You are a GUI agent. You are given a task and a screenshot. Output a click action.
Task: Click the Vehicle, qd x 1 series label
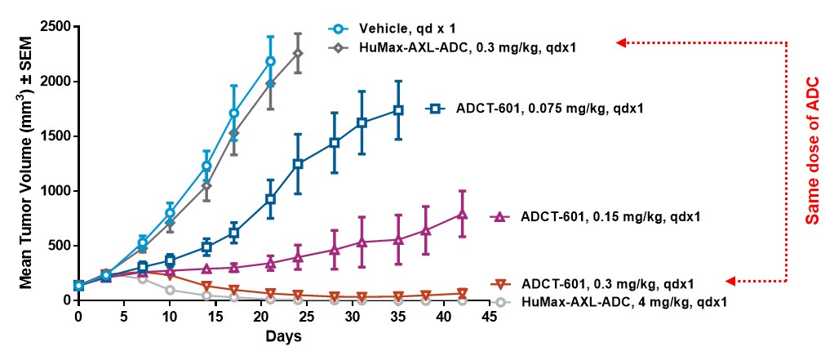399,29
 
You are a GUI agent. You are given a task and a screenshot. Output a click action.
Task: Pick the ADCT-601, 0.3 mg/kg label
607,284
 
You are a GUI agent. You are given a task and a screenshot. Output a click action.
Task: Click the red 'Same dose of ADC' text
812,158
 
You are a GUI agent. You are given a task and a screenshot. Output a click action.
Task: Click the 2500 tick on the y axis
54,27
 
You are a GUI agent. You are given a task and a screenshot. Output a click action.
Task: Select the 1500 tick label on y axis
54,136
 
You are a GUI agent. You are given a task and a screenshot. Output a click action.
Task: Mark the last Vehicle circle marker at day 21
270,61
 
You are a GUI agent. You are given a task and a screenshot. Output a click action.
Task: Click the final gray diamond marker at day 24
298,53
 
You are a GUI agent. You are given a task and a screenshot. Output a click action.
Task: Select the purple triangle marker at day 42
462,214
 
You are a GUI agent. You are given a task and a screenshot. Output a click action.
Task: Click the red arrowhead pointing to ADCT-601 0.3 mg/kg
730,281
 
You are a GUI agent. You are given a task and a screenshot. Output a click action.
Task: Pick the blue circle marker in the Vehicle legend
337,29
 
